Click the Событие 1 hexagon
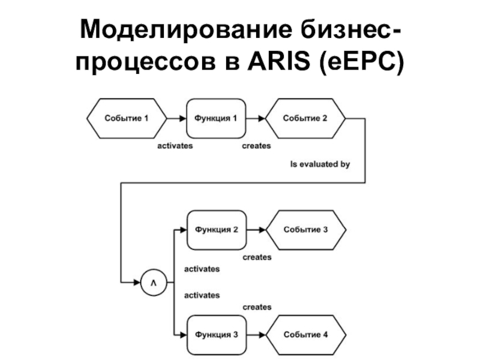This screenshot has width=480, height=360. pyautogui.click(x=127, y=118)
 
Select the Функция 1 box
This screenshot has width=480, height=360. pyautogui.click(x=216, y=118)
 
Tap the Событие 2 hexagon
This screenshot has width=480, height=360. pyautogui.click(x=305, y=118)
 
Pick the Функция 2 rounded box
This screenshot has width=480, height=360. pyautogui.click(x=216, y=230)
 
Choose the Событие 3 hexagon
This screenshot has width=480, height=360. pyautogui.click(x=305, y=230)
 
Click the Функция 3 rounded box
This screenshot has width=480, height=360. pyautogui.click(x=216, y=335)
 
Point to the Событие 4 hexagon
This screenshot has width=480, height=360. pyautogui.click(x=305, y=335)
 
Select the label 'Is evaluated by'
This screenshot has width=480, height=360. pyautogui.click(x=320, y=163)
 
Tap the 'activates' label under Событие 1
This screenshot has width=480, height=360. pyautogui.click(x=175, y=146)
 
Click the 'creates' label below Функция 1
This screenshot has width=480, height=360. pyautogui.click(x=256, y=146)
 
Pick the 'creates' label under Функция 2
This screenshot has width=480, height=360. pyautogui.click(x=257, y=257)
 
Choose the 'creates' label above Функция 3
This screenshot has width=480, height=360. pyautogui.click(x=257, y=307)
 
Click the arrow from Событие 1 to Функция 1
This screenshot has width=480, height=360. pyautogui.click(x=176, y=118)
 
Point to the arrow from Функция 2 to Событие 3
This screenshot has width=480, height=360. pyautogui.click(x=256, y=230)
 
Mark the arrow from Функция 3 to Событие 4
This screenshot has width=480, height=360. pyautogui.click(x=256, y=335)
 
